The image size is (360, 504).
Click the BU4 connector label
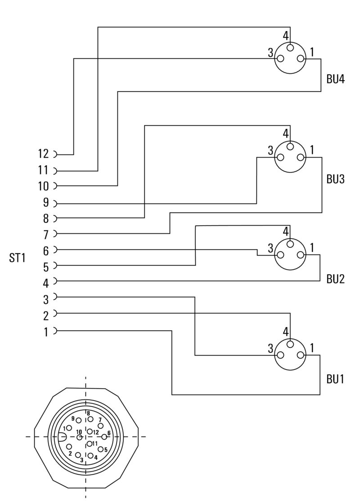point(335,79)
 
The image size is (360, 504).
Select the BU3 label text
point(335,179)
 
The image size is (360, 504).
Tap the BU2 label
point(335,279)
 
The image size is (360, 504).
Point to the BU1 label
point(335,379)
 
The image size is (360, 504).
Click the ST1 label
point(18,258)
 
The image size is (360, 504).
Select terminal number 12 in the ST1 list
point(43,154)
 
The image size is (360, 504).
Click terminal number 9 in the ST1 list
point(46,203)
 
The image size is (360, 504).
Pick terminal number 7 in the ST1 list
point(46,235)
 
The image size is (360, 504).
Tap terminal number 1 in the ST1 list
point(46,331)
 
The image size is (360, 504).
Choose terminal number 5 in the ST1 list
point(46,267)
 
